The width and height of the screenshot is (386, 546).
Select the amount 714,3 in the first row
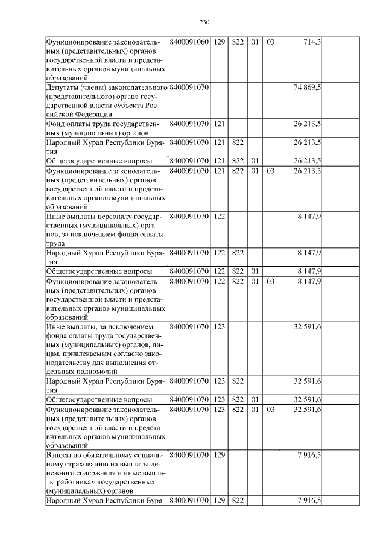click(x=312, y=42)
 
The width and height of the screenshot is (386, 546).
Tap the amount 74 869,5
click(x=308, y=88)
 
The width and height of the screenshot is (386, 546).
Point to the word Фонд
click(x=56, y=124)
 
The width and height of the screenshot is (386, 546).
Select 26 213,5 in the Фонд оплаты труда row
click(x=308, y=124)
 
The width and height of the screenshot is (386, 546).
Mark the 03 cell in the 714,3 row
click(x=270, y=42)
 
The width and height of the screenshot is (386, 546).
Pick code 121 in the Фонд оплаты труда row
click(x=219, y=124)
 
